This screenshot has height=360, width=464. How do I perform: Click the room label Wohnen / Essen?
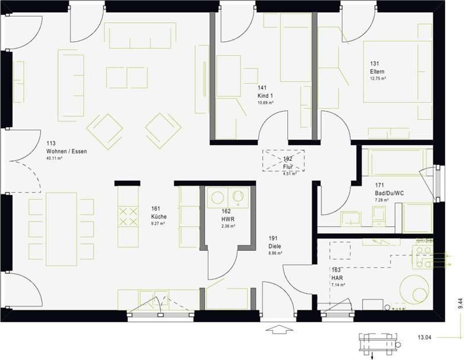click(66, 151)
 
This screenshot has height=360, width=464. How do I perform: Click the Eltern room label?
click(377, 72)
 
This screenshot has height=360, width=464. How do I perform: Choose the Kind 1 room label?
click(265, 96)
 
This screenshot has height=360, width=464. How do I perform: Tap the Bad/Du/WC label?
click(389, 192)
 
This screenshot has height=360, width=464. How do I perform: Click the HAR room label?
click(337, 278)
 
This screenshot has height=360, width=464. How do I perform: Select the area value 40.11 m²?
click(54, 158)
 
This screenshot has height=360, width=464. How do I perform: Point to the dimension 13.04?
click(425, 337)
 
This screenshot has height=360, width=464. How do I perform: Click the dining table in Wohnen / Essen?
click(61, 229)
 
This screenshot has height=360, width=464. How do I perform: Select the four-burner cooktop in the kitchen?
click(128, 216)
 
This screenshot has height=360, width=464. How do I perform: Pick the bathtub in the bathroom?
click(397, 162)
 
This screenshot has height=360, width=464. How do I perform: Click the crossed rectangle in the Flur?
click(284, 160)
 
